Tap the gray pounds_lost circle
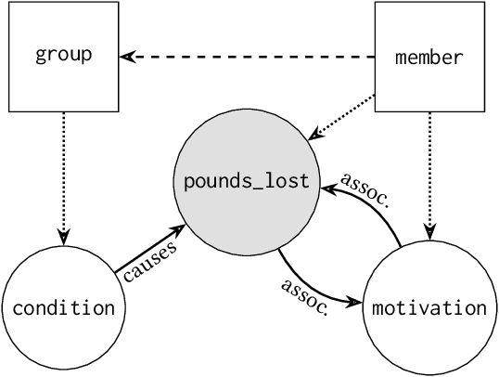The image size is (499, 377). [x=246, y=180]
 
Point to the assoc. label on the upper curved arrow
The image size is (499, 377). [x=363, y=189]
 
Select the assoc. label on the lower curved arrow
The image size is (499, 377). [x=305, y=296]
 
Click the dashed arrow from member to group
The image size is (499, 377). [x=250, y=57]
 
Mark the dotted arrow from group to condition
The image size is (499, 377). [x=64, y=176]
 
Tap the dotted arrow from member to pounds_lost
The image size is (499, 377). [x=343, y=116]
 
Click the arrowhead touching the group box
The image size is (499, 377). [x=133, y=57]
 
